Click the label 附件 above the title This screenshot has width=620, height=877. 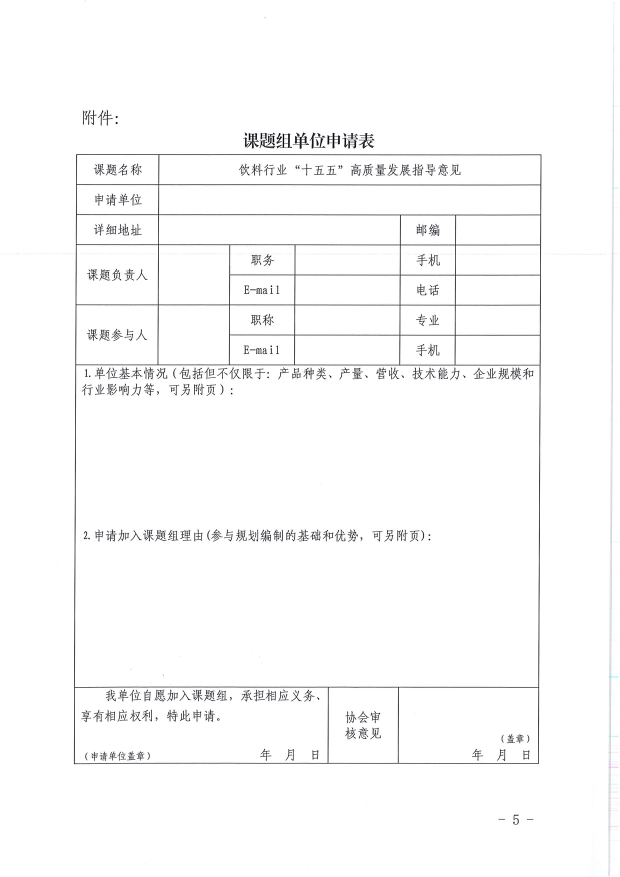[99, 118]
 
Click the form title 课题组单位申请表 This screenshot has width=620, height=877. [308, 141]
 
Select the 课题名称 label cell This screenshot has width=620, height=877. [118, 170]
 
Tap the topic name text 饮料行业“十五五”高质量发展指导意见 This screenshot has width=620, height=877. [349, 170]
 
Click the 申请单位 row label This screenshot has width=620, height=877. [118, 200]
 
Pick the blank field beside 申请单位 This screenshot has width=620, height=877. [349, 200]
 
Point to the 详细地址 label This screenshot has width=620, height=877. [118, 230]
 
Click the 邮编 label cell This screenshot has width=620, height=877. [427, 230]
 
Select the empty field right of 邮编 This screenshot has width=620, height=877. [497, 230]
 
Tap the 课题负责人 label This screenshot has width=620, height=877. [117, 274]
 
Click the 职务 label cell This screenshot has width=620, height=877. [262, 260]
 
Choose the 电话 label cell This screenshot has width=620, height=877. [427, 290]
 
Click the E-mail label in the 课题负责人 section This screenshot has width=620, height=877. [262, 290]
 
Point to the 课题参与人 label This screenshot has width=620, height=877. [117, 334]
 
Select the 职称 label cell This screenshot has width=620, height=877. [262, 320]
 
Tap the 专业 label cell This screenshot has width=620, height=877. [427, 320]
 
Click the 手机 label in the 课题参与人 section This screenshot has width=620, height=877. [427, 350]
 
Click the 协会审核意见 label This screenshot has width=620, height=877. [363, 725]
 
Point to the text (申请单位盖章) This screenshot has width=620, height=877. [118, 756]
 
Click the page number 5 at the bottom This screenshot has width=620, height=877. [516, 819]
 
